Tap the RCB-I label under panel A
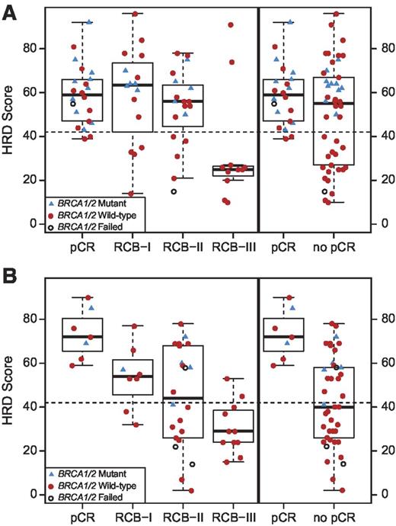click(x=133, y=248)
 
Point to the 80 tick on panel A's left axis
click(x=34, y=48)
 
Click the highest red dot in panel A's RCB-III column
click(x=231, y=25)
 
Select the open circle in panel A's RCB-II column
click(x=174, y=191)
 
